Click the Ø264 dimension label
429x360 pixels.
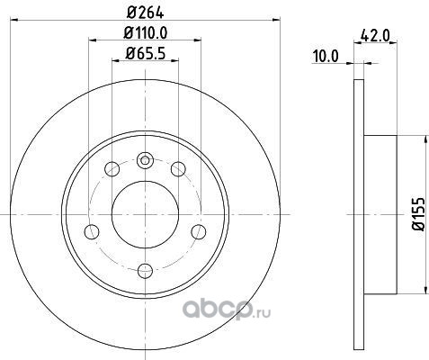146,13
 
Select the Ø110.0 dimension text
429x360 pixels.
146,32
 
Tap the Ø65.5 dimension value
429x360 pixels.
146,53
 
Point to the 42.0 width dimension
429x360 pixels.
375,36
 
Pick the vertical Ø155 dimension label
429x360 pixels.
419,214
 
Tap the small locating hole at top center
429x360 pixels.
145,160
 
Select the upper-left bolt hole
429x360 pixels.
112,169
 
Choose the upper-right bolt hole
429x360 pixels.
178,169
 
